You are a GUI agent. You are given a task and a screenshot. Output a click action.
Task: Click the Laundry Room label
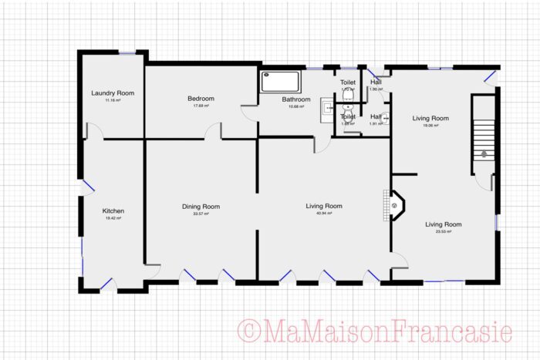tap(113, 93)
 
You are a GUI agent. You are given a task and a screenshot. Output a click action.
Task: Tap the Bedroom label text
tap(201, 99)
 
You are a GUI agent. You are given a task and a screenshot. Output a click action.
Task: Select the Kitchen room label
tap(113, 210)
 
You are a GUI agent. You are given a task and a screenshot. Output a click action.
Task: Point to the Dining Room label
tap(201, 206)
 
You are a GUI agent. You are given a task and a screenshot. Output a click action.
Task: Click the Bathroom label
tap(295, 99)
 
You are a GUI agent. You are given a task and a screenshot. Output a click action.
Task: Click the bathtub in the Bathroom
tap(282, 81)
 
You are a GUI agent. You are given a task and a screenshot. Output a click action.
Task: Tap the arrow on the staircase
tap(483, 153)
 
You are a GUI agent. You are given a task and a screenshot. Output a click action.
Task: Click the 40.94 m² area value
tap(324, 214)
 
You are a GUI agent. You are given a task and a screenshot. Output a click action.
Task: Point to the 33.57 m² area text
tap(201, 214)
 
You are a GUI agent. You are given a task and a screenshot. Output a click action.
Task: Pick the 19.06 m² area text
tap(430, 125)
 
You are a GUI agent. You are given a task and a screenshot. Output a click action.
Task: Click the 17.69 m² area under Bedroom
tap(201, 106)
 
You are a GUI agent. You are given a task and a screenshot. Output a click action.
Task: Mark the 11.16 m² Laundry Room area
tap(113, 101)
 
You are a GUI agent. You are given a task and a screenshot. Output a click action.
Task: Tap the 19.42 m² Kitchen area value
tap(113, 218)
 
